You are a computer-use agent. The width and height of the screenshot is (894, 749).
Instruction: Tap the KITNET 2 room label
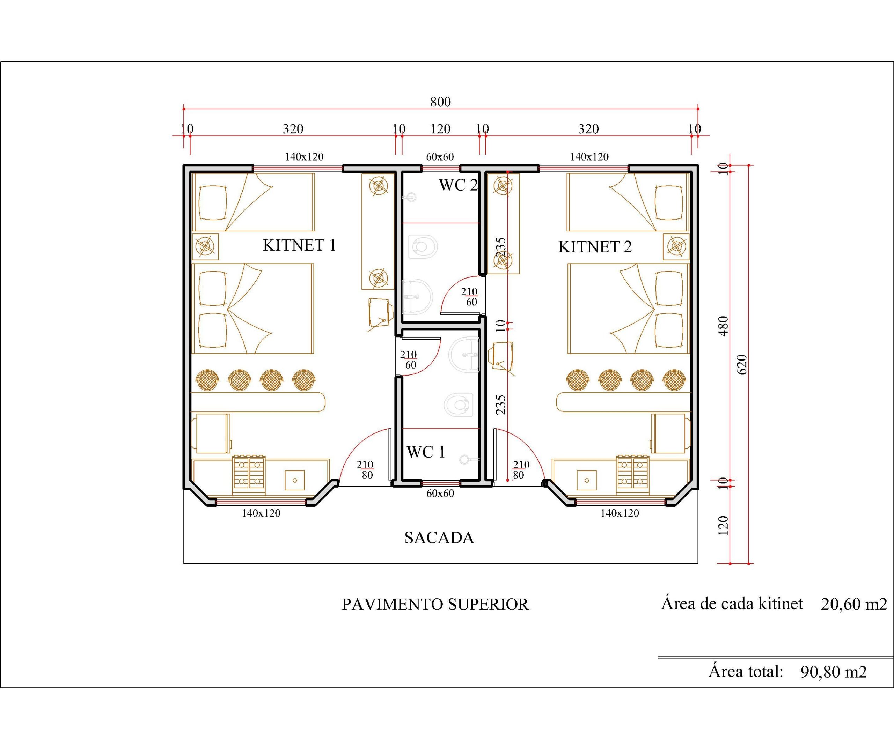click(x=595, y=246)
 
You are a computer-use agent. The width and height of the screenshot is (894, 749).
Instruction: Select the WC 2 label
click(x=458, y=185)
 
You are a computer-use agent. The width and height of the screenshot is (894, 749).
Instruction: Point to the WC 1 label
click(x=426, y=452)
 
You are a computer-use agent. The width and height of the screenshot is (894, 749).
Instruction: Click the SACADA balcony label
click(x=439, y=538)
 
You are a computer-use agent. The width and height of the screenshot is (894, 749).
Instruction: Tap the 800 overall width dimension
click(x=440, y=102)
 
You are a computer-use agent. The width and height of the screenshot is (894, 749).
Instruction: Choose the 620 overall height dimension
click(x=742, y=364)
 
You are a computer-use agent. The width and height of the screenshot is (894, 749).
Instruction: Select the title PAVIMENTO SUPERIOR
click(x=435, y=604)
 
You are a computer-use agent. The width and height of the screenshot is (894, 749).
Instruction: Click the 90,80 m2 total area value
click(x=834, y=672)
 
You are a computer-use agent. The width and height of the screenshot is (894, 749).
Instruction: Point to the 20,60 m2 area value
click(x=853, y=604)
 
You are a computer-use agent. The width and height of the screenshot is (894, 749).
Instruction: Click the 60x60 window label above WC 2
click(x=440, y=157)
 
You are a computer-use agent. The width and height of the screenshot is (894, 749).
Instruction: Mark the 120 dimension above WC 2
click(x=440, y=129)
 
